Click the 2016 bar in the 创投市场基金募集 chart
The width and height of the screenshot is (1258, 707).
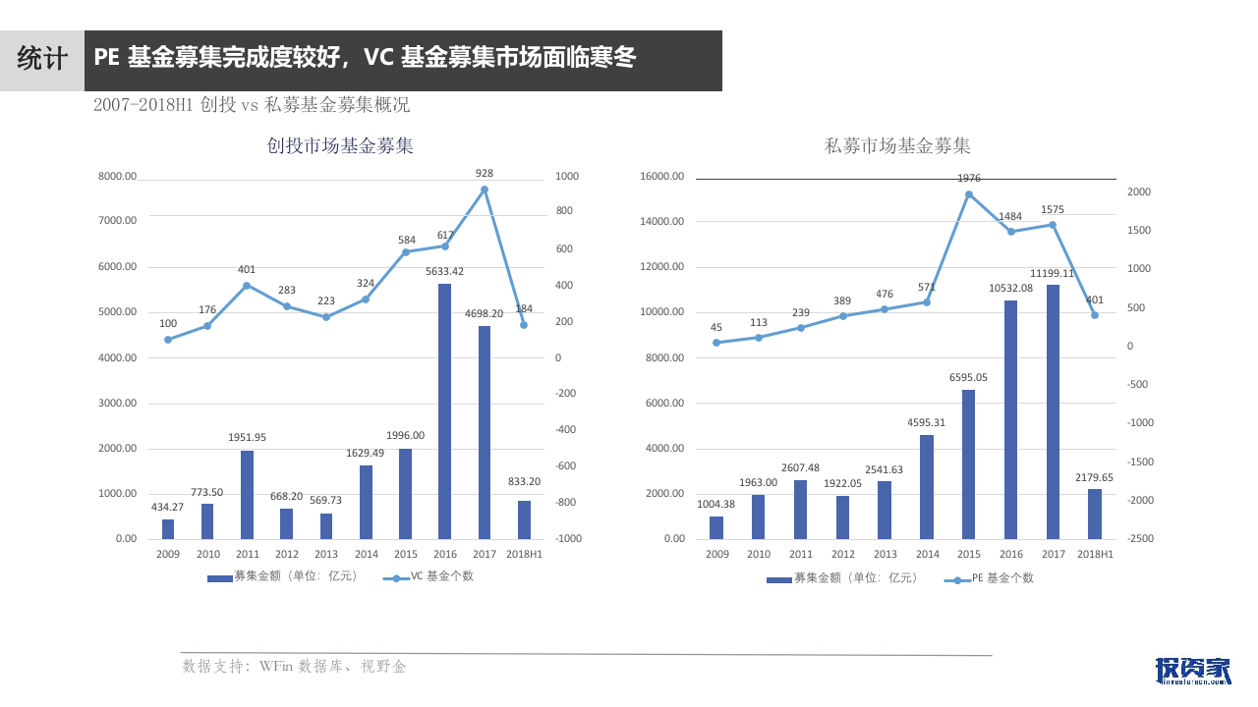point(444,411)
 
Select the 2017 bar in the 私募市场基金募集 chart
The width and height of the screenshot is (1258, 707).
point(1053,411)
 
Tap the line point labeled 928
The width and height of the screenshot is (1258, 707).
point(484,190)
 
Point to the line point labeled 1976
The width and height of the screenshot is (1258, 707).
point(969,194)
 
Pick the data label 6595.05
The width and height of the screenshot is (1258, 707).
point(968,377)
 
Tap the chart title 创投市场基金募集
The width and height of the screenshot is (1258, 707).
point(340,146)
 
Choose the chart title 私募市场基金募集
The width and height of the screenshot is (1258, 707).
point(897,146)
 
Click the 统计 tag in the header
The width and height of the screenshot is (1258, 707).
point(42,59)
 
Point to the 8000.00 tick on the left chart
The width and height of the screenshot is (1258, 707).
point(117,177)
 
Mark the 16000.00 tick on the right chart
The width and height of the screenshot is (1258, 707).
point(661,177)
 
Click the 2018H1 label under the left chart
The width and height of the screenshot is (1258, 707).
point(523,555)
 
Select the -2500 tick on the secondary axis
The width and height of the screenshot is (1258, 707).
point(1141,539)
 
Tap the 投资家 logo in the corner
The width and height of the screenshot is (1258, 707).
point(1192,670)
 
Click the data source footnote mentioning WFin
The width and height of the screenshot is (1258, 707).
point(294,667)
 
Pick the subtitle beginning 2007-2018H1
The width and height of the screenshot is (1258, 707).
point(252,105)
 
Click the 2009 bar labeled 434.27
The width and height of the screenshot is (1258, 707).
point(168,529)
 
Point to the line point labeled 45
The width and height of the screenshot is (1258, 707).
point(716,343)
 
